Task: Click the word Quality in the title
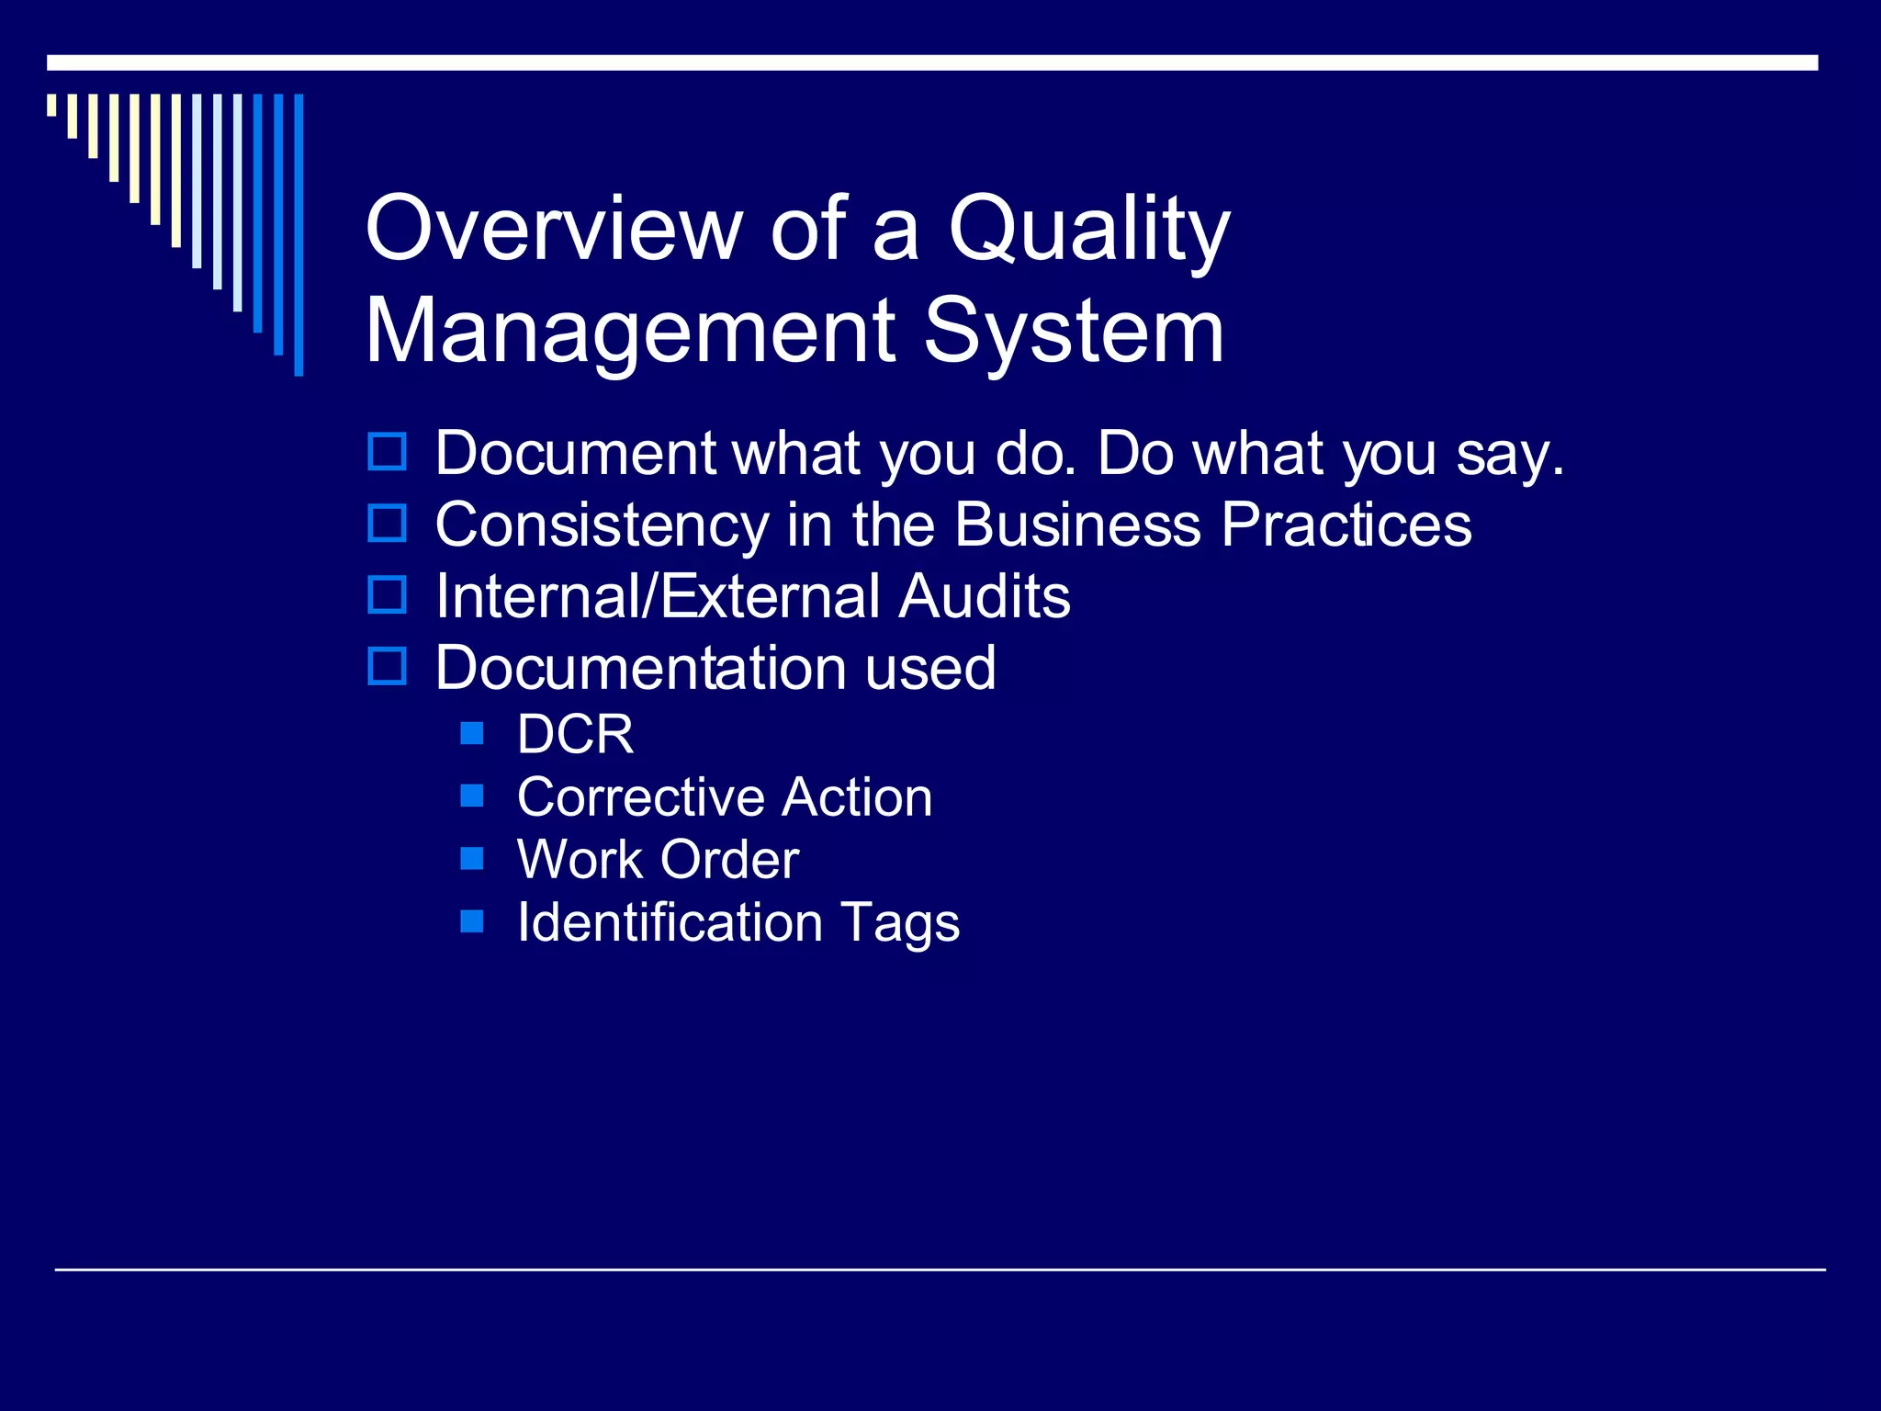[x=1088, y=230]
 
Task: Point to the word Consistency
[x=602, y=526]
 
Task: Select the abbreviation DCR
[x=575, y=735]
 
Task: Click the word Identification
[x=670, y=922]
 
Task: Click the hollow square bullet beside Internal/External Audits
[x=387, y=595]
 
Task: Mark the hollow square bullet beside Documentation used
[x=387, y=666]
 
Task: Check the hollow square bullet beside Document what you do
[x=387, y=452]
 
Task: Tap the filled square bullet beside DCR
[x=472, y=733]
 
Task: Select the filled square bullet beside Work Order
[x=472, y=858]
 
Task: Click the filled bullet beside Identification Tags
[x=472, y=920]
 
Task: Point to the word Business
[x=1076, y=525]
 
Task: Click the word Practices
[x=1346, y=525]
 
